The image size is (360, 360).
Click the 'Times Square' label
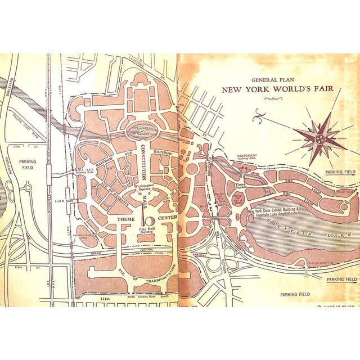tap(241, 185)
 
